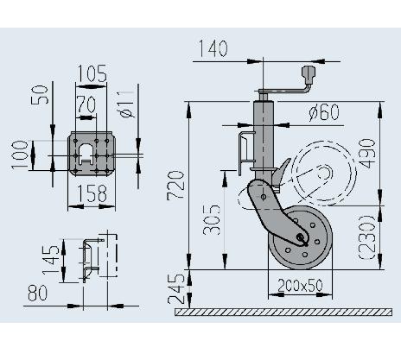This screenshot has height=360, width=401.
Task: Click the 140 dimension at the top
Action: [x=213, y=48]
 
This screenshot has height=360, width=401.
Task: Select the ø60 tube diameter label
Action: [x=324, y=112]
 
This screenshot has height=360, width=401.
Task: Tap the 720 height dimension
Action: [x=175, y=185]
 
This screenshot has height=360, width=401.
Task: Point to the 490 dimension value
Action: [x=366, y=154]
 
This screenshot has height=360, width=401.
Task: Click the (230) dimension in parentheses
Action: [x=366, y=237]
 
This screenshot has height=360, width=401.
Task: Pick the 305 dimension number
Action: [x=212, y=220]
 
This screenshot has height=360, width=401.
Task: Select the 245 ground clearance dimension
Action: [x=175, y=289]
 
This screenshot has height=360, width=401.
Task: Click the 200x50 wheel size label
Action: [x=300, y=285]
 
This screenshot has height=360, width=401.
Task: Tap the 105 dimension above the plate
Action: [x=92, y=73]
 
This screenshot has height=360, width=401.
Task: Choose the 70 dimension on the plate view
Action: [x=86, y=104]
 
